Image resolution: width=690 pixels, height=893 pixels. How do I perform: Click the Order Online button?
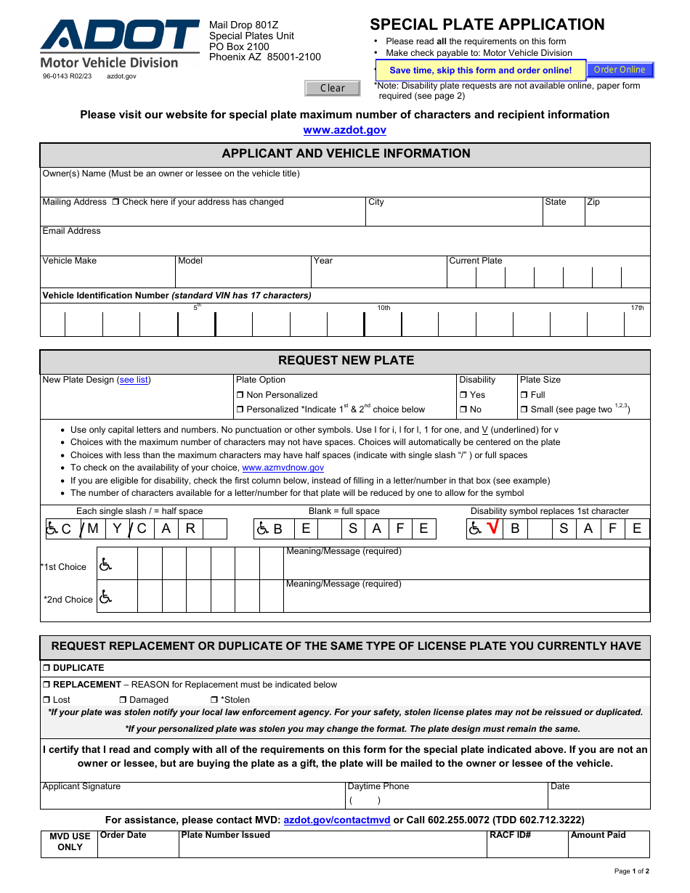coord(620,70)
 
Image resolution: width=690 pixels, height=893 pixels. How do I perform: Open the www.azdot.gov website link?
coord(344,130)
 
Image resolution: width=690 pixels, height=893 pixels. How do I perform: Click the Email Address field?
coord(344,245)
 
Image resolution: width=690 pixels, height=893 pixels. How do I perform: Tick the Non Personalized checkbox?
coord(240,395)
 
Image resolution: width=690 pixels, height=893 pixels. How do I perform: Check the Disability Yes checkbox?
coord(463,395)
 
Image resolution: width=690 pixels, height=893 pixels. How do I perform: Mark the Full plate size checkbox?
coord(524,395)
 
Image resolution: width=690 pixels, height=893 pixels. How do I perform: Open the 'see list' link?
coord(134,380)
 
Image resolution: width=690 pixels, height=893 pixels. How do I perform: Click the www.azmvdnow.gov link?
coord(283,468)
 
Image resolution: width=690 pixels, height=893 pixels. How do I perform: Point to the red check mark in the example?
coord(493,528)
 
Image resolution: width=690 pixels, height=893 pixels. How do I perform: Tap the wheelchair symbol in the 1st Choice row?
coord(106,563)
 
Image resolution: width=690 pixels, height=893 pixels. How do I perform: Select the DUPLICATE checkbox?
coord(46,668)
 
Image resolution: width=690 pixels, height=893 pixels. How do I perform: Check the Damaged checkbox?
coord(123,700)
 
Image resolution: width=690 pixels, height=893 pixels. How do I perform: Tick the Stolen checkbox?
coord(214,700)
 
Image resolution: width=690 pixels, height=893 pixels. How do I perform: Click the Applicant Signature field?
coord(193,799)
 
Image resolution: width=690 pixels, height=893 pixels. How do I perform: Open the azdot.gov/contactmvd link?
coord(337,820)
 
